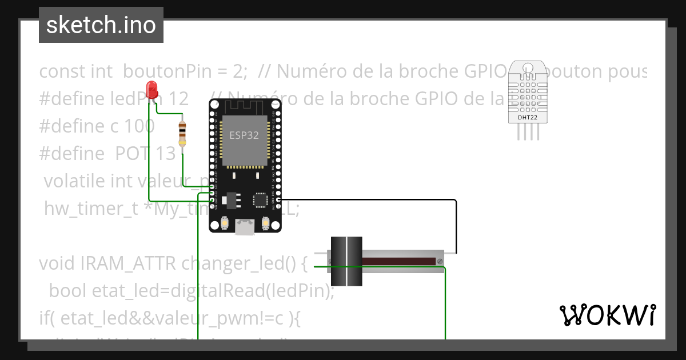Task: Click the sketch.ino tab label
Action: point(101,25)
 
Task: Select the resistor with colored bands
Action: point(182,134)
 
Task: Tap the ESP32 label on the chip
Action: point(244,135)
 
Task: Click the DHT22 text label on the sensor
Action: point(527,118)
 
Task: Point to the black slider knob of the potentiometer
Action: point(346,261)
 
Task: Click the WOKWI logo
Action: point(607,315)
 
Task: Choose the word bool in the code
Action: point(68,291)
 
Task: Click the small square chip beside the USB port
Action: point(261,199)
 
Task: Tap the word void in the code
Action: point(58,263)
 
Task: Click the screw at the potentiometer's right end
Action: point(440,261)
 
